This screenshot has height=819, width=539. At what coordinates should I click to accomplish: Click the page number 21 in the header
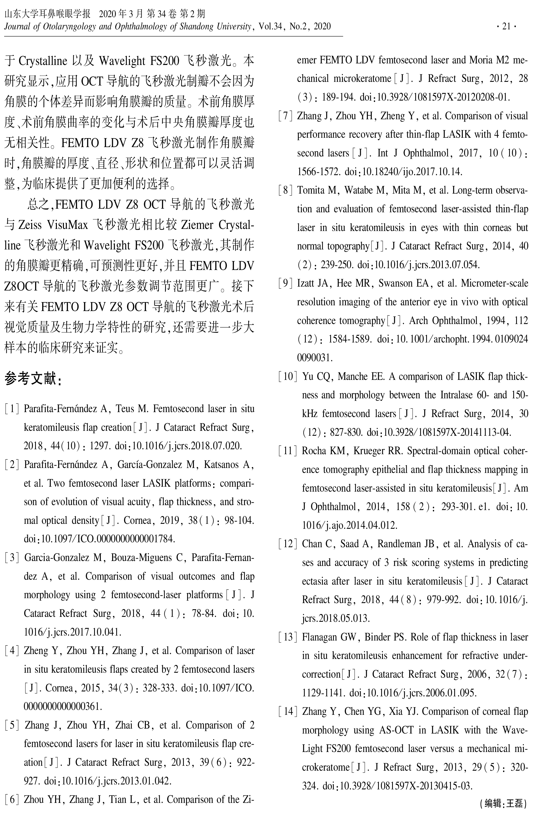[506, 27]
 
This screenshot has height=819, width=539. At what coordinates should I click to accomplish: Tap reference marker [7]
[286, 116]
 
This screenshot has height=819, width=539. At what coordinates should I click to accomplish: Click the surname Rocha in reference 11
[313, 451]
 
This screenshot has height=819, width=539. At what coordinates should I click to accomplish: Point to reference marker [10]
[288, 377]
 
